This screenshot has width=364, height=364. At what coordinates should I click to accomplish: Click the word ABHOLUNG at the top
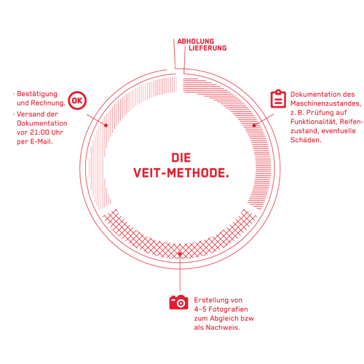tap(196, 41)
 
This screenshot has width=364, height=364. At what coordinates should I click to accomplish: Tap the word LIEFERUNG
tap(207, 48)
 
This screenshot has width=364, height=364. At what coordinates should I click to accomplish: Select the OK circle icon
tap(77, 100)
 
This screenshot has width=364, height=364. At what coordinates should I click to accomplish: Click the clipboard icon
tap(278, 99)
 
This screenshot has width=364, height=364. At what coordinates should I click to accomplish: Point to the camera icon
tap(179, 302)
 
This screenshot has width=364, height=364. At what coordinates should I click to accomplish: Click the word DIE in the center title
tap(181, 158)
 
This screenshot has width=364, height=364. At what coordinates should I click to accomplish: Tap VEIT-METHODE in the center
tap(181, 173)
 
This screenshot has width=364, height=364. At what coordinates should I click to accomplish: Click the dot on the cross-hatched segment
tap(180, 254)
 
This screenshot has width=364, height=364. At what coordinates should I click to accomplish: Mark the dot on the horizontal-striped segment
tap(254, 125)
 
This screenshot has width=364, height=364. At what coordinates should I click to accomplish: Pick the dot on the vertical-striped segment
tap(106, 125)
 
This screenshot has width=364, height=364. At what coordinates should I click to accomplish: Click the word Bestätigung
tap(37, 94)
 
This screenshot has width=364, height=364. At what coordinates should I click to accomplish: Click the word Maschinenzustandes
tap(325, 103)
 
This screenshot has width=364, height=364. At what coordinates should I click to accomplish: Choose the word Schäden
tap(306, 140)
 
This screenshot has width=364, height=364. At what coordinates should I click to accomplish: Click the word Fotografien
tap(229, 309)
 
